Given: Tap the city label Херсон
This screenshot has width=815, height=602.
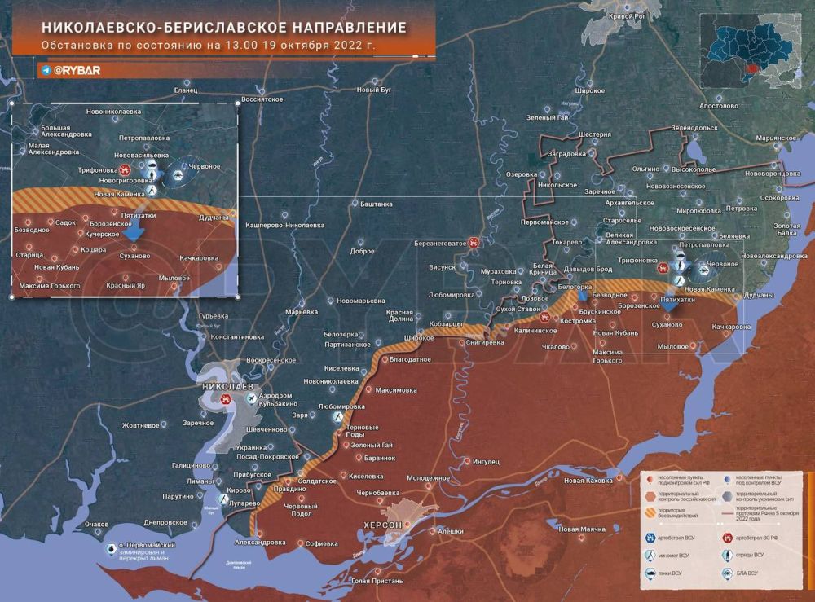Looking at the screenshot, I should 382,525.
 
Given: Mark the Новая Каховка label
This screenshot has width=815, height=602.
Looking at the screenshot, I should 587,481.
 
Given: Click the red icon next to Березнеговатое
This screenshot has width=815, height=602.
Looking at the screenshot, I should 474,242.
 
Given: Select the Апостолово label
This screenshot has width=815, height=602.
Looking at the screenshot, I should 718,106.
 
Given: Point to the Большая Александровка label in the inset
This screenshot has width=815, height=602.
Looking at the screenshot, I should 56,130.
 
